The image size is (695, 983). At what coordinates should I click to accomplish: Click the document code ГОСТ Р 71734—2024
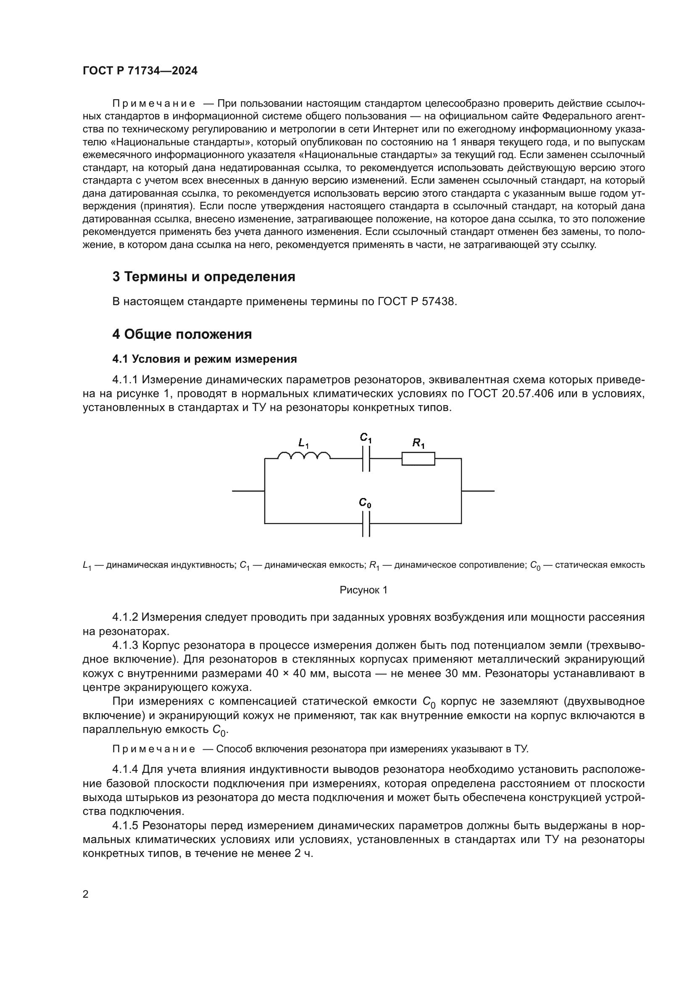pos(140,71)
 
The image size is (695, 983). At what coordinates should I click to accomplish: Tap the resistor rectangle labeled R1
pos(418,459)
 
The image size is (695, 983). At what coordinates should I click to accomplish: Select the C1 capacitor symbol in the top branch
pos(366,459)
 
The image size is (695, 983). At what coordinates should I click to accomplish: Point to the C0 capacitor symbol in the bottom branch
pos(366,523)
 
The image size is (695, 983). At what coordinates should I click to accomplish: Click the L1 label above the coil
pos(303,443)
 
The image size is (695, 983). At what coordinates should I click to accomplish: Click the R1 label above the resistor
pos(418,443)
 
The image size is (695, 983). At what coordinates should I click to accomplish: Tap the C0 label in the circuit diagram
pos(365,503)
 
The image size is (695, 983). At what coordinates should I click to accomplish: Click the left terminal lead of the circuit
pos(248,491)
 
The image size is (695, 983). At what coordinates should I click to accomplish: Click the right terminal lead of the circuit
pos(478,491)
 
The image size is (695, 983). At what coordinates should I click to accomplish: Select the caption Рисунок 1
pos(363,590)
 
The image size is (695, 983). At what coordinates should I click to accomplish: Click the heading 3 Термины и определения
pos(204,277)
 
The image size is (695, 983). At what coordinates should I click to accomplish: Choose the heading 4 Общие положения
pos(182,335)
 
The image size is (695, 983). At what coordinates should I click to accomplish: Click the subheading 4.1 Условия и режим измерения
pos(205,359)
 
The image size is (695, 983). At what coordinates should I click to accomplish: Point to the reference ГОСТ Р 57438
pos(417,302)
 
